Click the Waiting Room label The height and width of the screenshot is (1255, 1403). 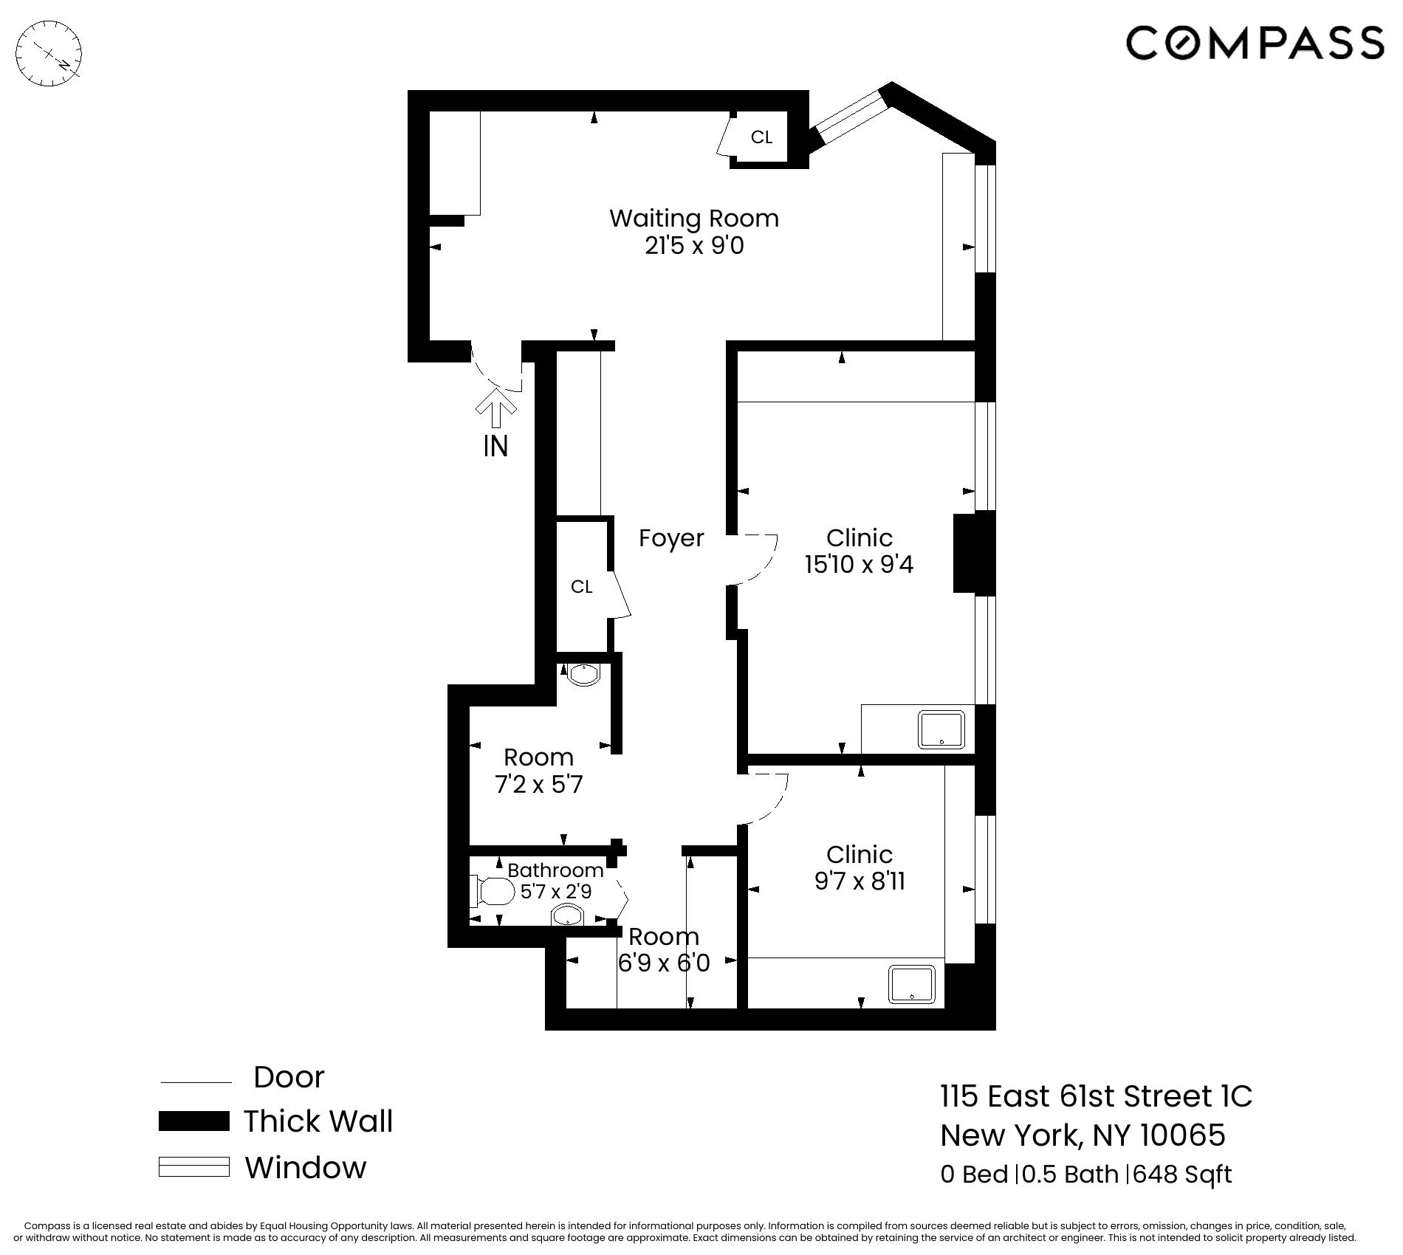[693, 219]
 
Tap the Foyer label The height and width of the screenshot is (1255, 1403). [670, 538]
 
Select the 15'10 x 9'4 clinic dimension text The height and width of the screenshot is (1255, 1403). [859, 565]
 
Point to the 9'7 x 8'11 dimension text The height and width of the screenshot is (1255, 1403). [860, 881]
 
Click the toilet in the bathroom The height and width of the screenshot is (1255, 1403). [493, 892]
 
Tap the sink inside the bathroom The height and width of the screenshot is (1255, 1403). [568, 917]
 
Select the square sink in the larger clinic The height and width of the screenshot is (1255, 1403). [941, 729]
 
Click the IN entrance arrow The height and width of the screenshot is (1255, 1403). [495, 408]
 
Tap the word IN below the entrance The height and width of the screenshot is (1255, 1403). [495, 446]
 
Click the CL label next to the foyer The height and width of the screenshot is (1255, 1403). [582, 587]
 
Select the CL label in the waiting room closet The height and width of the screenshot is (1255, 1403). [761, 137]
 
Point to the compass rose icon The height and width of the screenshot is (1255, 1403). [49, 54]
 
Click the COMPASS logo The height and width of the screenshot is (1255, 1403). [1254, 42]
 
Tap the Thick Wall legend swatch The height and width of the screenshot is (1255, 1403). [193, 1121]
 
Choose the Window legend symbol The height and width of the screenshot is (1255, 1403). [193, 1167]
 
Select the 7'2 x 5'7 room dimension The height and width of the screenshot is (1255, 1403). [538, 784]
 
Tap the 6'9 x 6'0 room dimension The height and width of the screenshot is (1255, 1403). [663, 963]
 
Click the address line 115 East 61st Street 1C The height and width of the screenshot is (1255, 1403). [1096, 1096]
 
